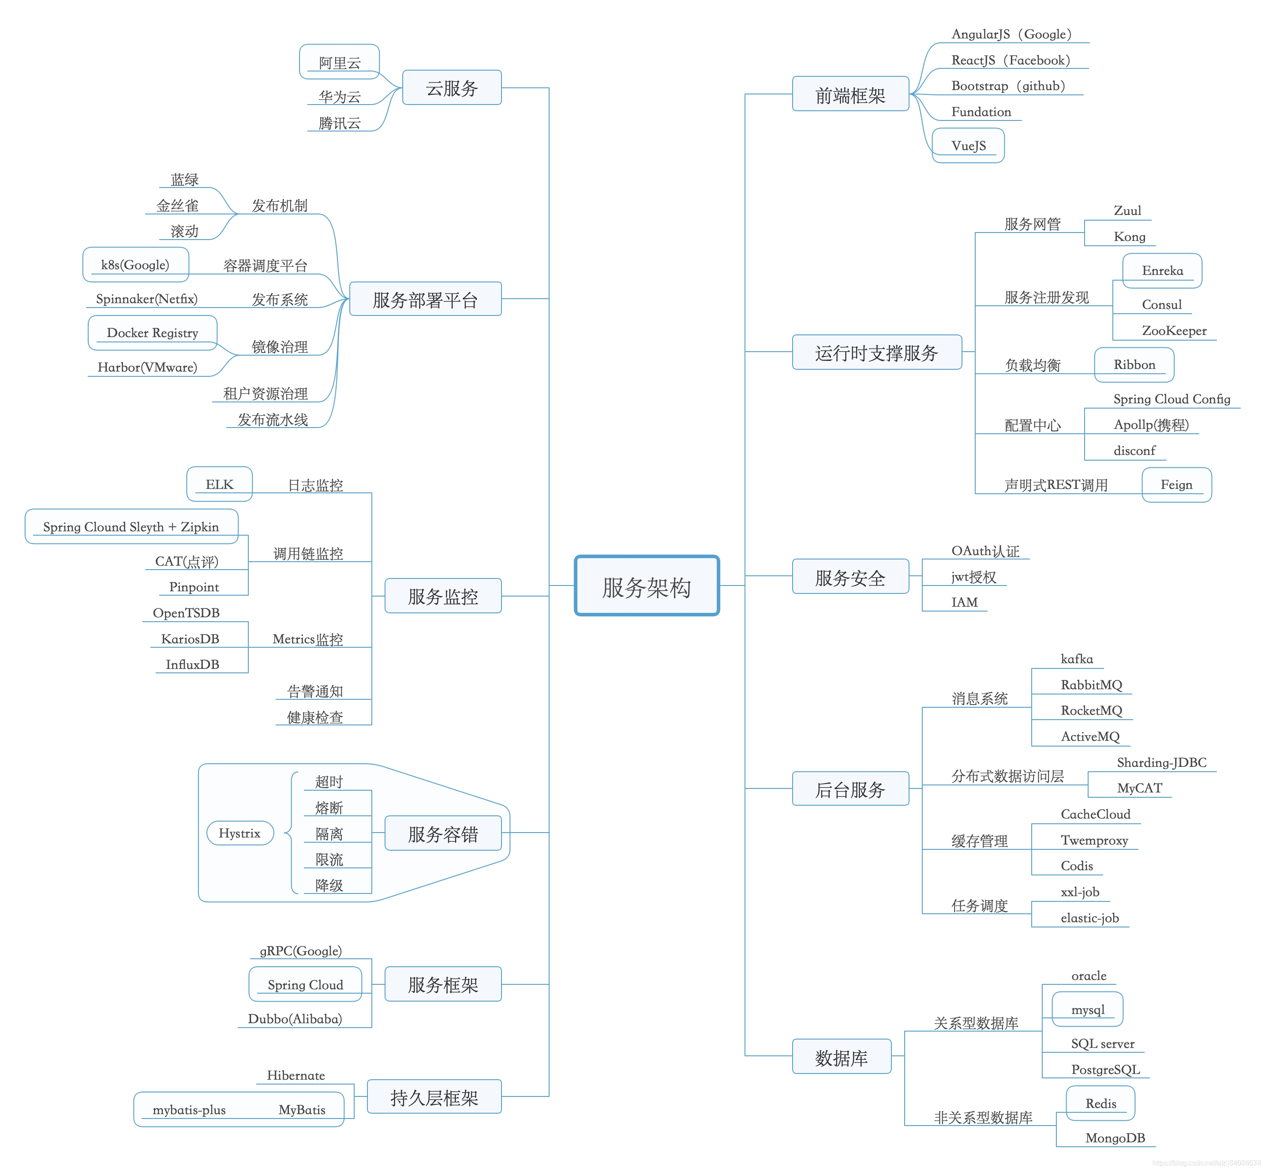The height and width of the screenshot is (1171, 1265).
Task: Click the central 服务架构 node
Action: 646,585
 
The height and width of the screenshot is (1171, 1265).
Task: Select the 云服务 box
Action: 452,87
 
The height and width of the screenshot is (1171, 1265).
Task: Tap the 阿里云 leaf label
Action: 340,62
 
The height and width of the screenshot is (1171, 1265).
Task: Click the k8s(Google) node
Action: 135,264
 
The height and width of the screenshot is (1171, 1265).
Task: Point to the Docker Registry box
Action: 153,333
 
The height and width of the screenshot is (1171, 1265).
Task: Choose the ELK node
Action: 219,484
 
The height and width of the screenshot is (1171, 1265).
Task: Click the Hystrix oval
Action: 240,833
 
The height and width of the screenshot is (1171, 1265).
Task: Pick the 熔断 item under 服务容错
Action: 329,807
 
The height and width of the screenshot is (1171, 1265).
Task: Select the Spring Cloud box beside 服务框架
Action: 305,984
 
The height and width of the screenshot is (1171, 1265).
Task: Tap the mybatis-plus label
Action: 189,1110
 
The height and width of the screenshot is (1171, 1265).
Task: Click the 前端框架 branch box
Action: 850,94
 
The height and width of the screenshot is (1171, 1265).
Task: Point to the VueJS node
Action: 968,145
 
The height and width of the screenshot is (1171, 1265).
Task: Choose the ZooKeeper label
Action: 1174,330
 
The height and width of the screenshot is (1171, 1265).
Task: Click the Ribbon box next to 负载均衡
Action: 1134,364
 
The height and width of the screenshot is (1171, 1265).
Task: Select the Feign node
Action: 1176,484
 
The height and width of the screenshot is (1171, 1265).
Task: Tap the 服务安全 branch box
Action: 850,577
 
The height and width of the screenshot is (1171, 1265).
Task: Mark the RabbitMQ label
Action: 1091,684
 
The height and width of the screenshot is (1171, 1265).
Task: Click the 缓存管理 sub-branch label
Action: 979,841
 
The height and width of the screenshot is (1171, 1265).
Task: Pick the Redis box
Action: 1100,1103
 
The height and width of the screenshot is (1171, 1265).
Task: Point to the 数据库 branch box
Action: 841,1057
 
